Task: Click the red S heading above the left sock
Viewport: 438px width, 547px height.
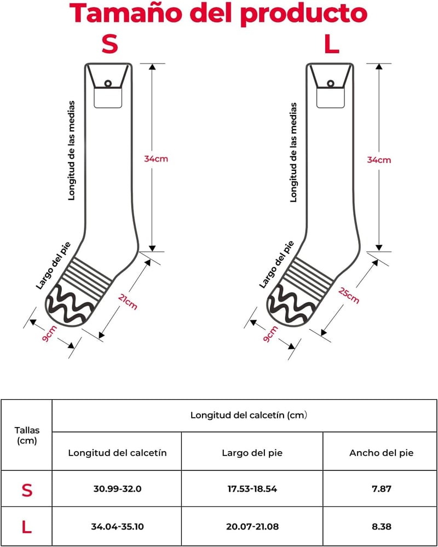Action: (110, 44)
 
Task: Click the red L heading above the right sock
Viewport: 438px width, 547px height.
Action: (332, 44)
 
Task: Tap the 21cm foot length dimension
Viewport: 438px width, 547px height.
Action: (128, 302)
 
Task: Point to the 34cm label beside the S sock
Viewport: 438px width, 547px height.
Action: (156, 159)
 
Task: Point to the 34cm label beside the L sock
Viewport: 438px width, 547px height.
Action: (379, 160)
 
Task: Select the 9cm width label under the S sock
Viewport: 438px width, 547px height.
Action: (49, 333)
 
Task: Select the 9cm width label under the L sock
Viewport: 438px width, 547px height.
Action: (270, 334)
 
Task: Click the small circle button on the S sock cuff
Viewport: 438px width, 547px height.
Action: (108, 83)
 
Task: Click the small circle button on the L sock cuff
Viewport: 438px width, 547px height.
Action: (331, 84)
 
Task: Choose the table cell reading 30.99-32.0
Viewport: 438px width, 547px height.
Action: (117, 489)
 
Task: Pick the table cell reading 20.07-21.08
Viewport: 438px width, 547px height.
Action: (252, 526)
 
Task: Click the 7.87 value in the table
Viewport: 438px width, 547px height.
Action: (382, 489)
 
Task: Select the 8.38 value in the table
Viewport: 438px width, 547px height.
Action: (382, 526)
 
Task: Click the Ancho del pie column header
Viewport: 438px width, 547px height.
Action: (382, 453)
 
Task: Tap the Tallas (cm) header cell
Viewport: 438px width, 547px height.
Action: (27, 435)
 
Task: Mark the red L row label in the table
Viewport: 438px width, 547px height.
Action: (26, 526)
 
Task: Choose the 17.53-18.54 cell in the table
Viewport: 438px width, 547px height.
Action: (252, 489)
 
